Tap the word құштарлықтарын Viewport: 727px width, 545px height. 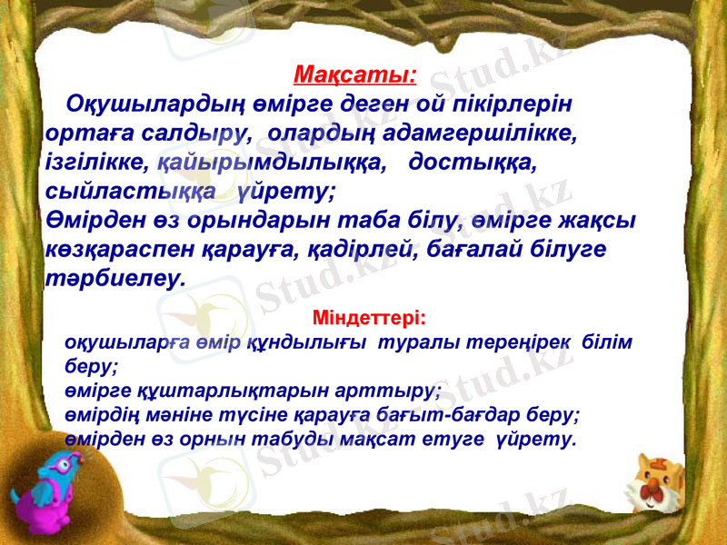192,391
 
